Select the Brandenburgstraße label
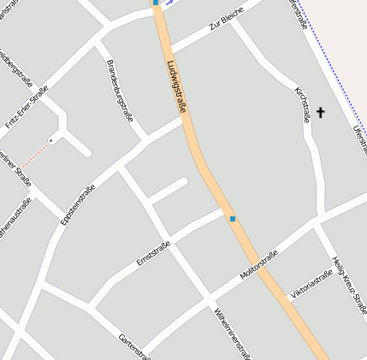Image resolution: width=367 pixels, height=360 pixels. click(x=119, y=91)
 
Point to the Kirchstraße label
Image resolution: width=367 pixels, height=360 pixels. click(x=302, y=104)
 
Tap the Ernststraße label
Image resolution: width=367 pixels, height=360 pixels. click(x=154, y=254)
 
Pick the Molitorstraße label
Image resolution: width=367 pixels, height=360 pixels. click(x=259, y=265)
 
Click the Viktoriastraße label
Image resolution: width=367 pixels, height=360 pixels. click(x=311, y=286)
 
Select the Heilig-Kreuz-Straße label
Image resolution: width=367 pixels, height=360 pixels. click(x=351, y=286)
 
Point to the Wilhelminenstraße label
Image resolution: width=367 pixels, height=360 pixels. click(x=234, y=332)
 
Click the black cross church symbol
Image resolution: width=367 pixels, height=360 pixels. click(x=322, y=112)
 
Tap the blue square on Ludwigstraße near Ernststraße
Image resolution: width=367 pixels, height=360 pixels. click(x=232, y=219)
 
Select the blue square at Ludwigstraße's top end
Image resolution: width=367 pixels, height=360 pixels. click(x=156, y=3)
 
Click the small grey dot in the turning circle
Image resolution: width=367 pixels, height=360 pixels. click(x=51, y=140)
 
